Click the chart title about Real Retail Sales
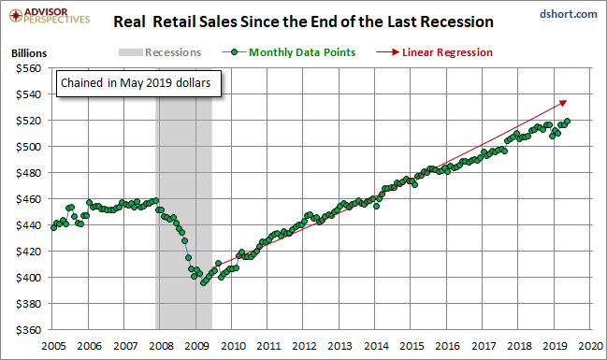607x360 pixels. click(303, 22)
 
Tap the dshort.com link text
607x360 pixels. click(569, 14)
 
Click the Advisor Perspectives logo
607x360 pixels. click(50, 16)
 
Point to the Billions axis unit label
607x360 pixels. click(29, 53)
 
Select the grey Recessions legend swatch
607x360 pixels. click(130, 52)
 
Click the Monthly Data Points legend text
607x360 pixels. click(302, 52)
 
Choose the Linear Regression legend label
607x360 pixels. click(447, 52)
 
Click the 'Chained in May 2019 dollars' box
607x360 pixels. click(138, 83)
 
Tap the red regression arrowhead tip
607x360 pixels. click(567, 101)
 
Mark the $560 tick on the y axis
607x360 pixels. click(28, 68)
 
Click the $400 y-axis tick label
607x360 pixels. click(28, 278)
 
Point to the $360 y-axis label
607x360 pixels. click(28, 330)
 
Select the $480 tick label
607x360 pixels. click(28, 173)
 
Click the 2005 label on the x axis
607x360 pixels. click(53, 346)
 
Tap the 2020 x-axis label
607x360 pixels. click(591, 346)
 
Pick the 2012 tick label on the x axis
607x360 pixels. click(304, 346)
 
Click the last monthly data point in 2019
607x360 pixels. click(567, 122)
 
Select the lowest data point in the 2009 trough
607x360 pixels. click(203, 283)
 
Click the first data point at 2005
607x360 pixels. click(54, 227)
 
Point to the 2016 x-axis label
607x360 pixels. click(447, 346)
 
